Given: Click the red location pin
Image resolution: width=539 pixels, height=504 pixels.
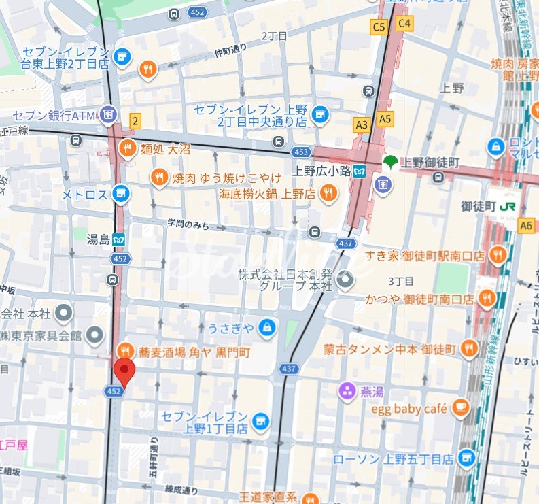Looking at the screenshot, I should (124, 371).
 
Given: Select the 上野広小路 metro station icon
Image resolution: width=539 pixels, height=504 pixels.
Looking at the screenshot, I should (360, 171).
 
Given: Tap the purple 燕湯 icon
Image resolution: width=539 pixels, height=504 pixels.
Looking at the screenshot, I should (347, 391).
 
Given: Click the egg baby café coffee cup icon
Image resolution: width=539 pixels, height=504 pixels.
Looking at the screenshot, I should (461, 408).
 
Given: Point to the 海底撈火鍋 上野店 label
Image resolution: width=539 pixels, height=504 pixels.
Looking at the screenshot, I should (266, 195).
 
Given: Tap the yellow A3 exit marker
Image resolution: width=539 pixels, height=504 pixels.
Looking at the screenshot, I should (362, 124).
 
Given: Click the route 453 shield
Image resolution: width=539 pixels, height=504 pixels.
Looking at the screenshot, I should (301, 152).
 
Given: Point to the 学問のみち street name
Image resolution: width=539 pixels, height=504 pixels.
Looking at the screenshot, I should (189, 224).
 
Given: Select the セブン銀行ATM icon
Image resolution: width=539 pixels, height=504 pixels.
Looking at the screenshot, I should (106, 113).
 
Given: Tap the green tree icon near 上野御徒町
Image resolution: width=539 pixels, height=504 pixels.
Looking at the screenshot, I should (389, 161).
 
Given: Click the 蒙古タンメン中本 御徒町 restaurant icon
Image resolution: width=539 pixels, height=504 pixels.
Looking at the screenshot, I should (469, 350).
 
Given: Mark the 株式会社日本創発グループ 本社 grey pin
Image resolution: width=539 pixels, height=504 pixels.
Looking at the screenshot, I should (346, 280).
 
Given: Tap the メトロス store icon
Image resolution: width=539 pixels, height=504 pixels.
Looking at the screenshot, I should (121, 195).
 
